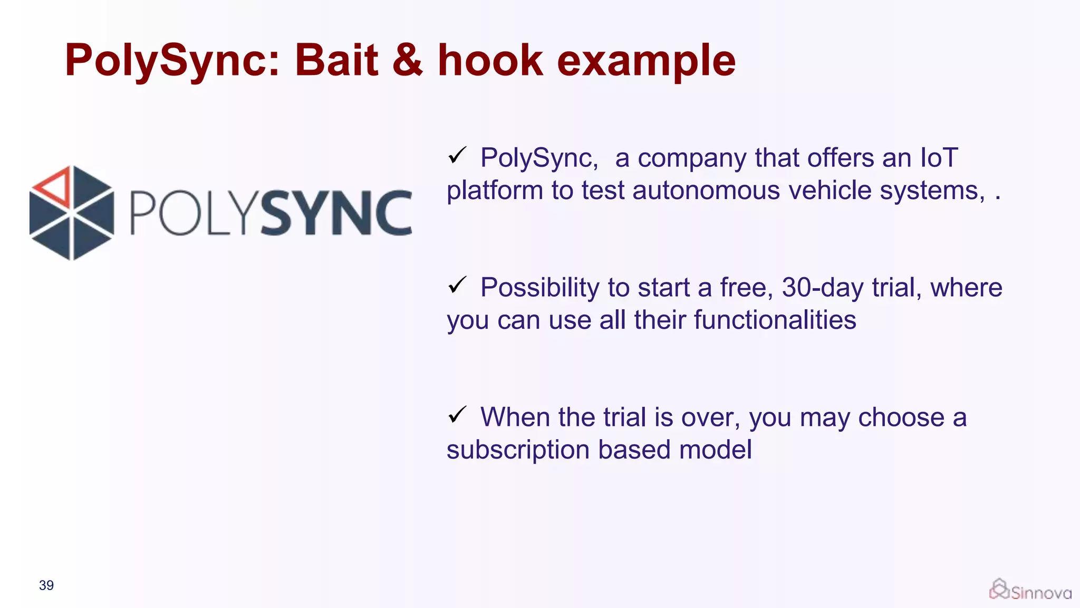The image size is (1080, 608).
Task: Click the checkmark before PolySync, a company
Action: pyautogui.click(x=457, y=155)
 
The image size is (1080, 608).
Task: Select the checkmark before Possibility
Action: pyautogui.click(x=457, y=285)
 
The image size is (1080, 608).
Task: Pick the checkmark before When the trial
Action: pyautogui.click(x=457, y=415)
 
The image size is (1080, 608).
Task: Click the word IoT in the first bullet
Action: pyautogui.click(x=939, y=158)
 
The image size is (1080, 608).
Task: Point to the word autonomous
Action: pyautogui.click(x=706, y=190)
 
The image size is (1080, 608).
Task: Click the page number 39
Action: pyautogui.click(x=46, y=585)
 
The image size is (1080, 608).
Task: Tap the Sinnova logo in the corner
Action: pyautogui.click(x=1030, y=590)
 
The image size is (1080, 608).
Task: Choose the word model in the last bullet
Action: pyautogui.click(x=715, y=450)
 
